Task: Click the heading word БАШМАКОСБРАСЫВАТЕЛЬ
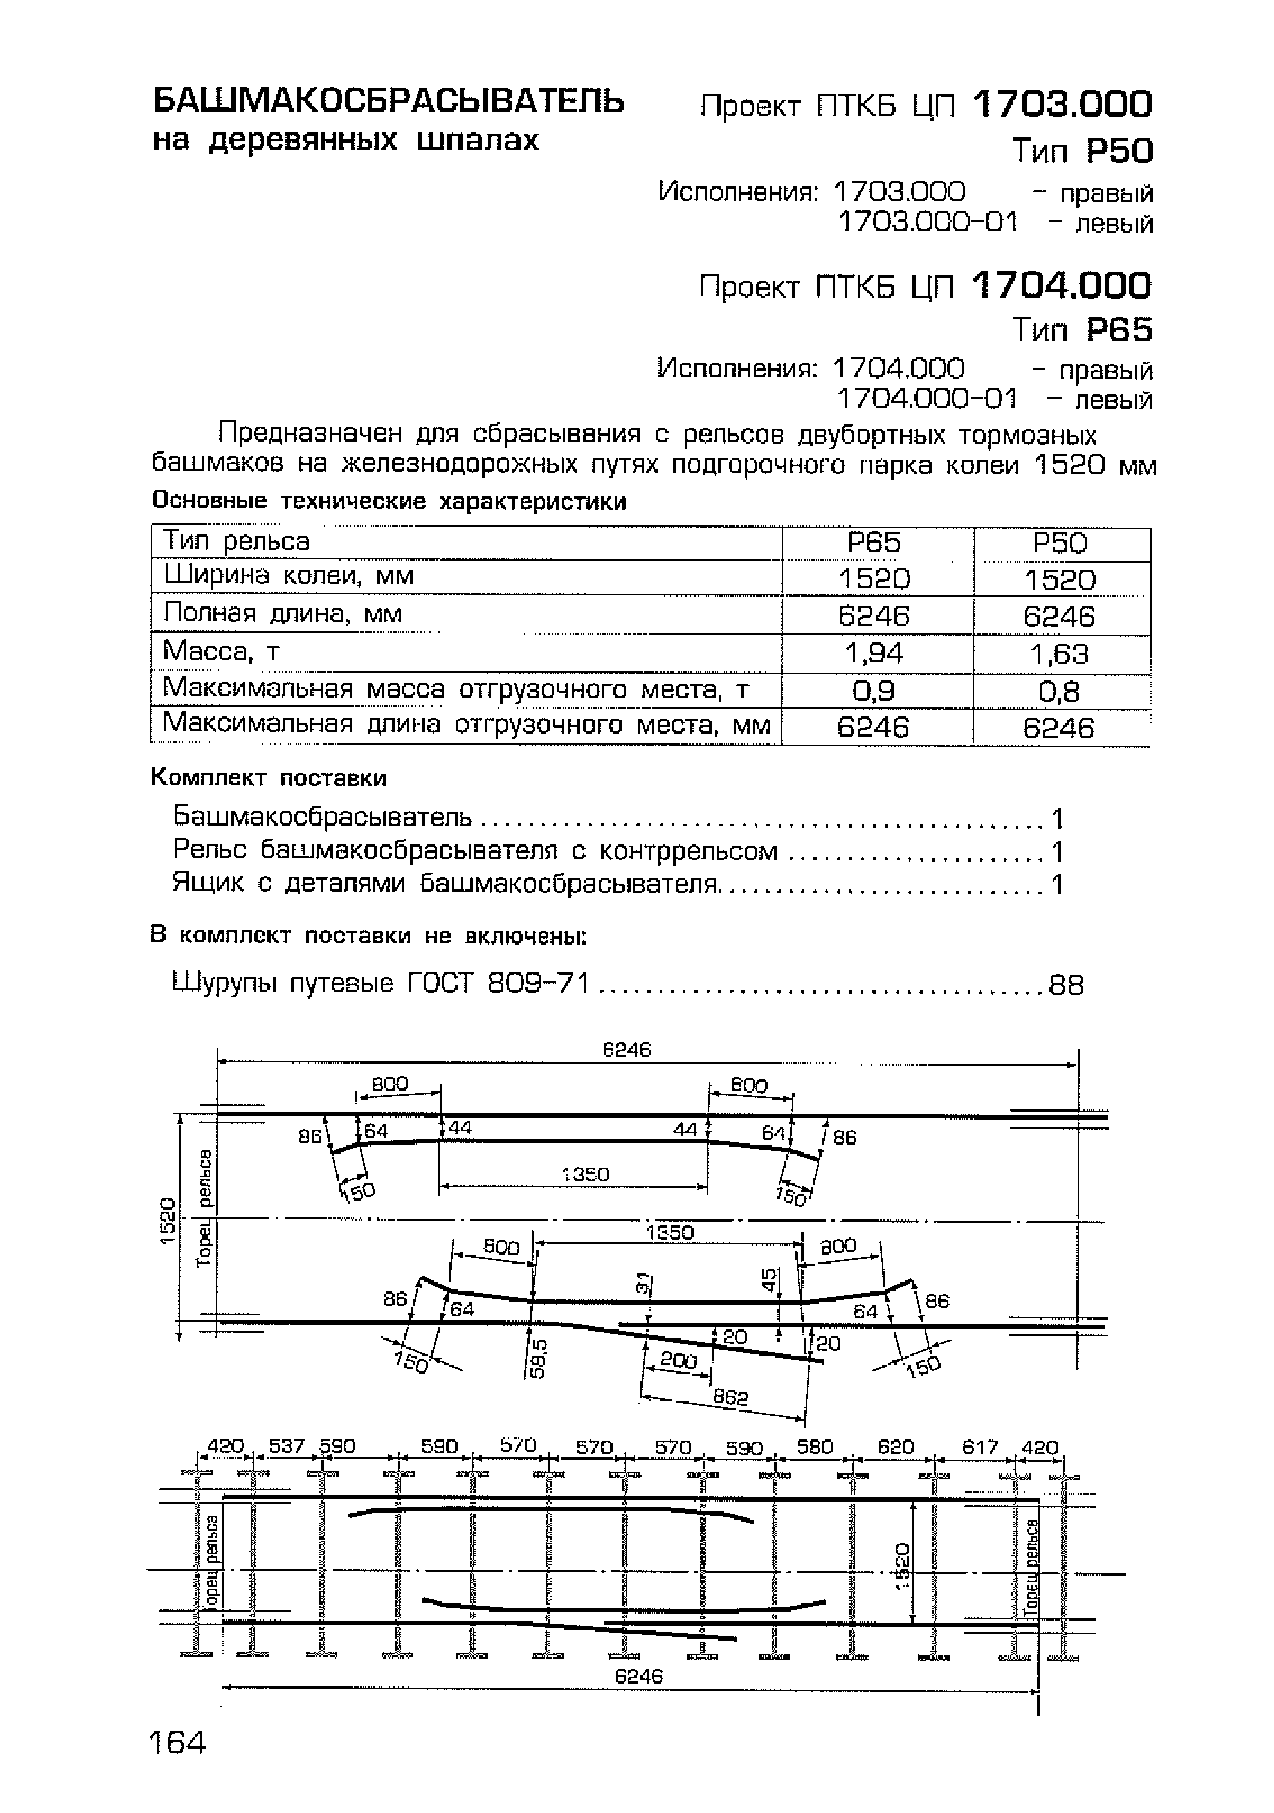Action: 388,101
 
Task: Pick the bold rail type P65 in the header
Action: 1118,329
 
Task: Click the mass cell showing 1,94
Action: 873,653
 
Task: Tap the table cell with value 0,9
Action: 873,691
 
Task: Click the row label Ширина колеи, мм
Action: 288,576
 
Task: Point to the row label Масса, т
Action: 222,651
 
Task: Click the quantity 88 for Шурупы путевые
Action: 1066,984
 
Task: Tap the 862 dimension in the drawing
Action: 729,1398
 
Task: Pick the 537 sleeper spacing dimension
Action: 286,1445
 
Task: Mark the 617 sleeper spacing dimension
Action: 980,1447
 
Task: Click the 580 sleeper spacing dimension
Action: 814,1447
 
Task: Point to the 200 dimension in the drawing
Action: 678,1359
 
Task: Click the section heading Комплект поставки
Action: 269,778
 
